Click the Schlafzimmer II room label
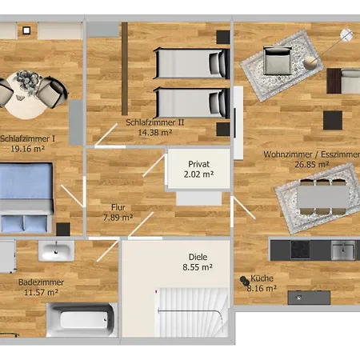point(155,122)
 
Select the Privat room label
point(199,162)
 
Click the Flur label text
point(118,206)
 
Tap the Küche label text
point(262,278)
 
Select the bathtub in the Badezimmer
point(79,321)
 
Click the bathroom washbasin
point(57,250)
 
